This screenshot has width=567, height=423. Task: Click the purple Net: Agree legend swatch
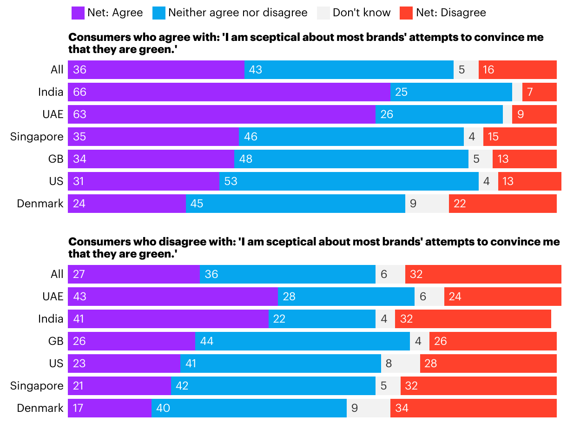click(x=78, y=13)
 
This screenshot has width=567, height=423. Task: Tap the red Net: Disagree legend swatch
click(x=406, y=13)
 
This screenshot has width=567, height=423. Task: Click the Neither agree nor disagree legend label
click(x=237, y=13)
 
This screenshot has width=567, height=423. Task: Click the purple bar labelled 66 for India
click(x=229, y=92)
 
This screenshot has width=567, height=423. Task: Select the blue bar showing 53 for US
click(x=349, y=181)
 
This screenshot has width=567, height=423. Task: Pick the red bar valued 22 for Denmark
click(x=502, y=204)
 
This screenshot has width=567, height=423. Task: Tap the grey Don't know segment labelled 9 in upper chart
click(x=427, y=204)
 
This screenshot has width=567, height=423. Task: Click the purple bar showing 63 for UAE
click(x=221, y=114)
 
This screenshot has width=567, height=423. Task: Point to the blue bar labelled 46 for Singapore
click(x=351, y=137)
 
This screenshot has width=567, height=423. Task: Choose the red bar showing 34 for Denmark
click(x=473, y=408)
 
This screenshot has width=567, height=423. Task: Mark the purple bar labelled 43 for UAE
click(x=172, y=297)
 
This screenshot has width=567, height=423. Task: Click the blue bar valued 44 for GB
click(x=302, y=341)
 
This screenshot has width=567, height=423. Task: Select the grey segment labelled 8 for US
click(x=400, y=364)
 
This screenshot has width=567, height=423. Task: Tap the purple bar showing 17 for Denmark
click(x=109, y=408)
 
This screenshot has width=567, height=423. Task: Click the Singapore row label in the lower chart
click(x=37, y=386)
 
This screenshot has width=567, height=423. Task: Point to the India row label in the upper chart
click(x=51, y=92)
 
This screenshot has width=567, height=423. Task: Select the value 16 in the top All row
click(x=488, y=70)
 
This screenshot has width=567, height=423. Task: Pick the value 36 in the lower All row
click(x=211, y=274)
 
